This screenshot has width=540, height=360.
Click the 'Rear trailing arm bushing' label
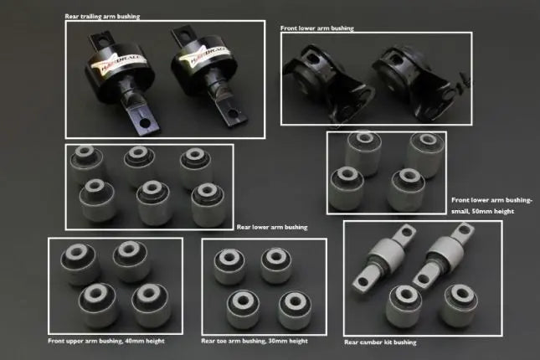click(102, 16)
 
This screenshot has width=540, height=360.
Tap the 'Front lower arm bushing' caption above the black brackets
click(316, 28)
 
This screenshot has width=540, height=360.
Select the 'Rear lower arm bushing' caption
click(272, 227)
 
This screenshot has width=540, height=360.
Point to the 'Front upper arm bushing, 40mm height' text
click(106, 341)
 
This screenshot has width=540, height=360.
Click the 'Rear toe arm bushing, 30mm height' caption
click(255, 341)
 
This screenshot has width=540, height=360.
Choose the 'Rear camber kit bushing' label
click(380, 342)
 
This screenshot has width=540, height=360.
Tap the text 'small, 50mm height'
click(482, 211)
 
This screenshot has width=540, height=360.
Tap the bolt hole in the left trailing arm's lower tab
click(145, 122)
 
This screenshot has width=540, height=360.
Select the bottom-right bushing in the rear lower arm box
click(208, 205)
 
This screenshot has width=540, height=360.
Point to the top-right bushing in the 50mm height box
click(425, 153)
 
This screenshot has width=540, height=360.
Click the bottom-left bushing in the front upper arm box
click(99, 305)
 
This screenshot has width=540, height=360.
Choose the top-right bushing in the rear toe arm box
click(276, 265)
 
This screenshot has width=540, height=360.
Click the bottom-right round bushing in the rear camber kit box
click(459, 305)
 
